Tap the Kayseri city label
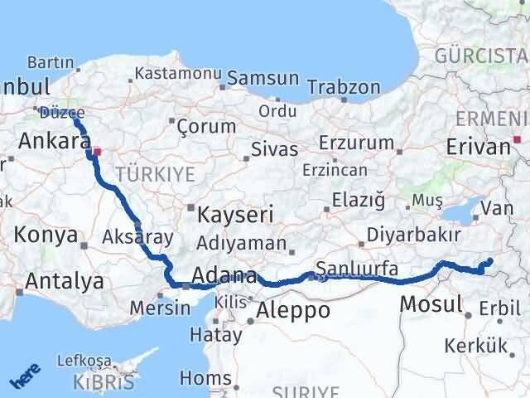[x=235, y=216]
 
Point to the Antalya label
[x=65, y=281]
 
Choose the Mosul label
[x=431, y=304]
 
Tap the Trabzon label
[x=344, y=87]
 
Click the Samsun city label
[x=263, y=78]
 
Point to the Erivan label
[x=478, y=147]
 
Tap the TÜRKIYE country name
[x=156, y=174]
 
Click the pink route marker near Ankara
[x=97, y=152]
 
